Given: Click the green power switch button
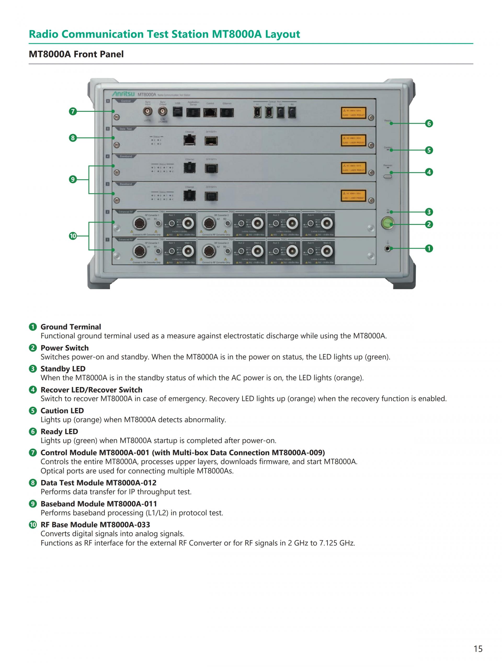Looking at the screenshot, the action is [388, 223].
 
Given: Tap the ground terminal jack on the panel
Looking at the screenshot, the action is [388, 249].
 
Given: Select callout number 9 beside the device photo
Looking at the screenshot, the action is [73, 179].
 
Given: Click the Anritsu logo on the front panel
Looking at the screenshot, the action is [124, 94].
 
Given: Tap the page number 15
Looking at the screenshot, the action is [478, 648].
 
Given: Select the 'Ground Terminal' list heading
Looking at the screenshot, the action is [71, 327].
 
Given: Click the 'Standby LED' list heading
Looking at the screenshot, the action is [63, 369].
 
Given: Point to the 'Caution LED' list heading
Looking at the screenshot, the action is [62, 411].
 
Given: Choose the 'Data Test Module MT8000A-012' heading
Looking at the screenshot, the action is [99, 483].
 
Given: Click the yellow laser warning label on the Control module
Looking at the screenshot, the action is [353, 113].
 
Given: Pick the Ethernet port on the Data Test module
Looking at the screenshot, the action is [189, 140].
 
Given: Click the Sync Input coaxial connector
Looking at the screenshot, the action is [147, 112].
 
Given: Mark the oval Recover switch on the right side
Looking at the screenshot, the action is [388, 176].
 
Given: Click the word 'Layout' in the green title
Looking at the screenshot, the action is [282, 34].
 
